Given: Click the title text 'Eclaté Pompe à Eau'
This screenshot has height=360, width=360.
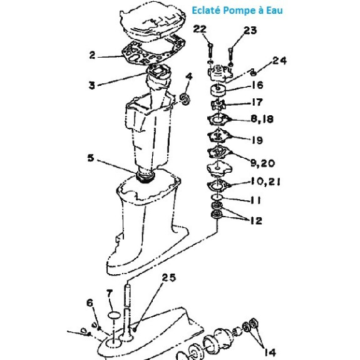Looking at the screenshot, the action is (237, 11).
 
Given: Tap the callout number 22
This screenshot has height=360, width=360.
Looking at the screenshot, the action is (200, 29).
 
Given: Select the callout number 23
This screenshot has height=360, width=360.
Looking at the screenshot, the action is (250, 30).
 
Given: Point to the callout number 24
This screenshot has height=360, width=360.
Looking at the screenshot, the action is (280, 61).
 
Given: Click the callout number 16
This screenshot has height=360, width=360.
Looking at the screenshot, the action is (257, 85).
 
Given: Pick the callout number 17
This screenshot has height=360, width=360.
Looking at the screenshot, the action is (257, 102).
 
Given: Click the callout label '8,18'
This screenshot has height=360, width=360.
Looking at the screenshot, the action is (262, 119).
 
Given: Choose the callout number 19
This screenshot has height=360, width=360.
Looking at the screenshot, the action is (257, 140).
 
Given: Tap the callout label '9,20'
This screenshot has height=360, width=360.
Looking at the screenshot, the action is (262, 163).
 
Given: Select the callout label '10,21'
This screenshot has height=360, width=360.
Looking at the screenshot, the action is (265, 182).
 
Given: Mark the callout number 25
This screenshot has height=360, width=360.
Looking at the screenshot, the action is (169, 277).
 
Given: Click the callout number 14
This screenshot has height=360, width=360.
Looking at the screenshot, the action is (270, 352).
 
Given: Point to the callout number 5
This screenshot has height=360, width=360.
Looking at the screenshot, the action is (91, 158).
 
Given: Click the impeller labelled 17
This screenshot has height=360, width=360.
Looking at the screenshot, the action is (218, 105).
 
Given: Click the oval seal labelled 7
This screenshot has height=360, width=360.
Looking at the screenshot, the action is (114, 315).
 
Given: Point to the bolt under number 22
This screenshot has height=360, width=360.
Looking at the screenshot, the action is (210, 51).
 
